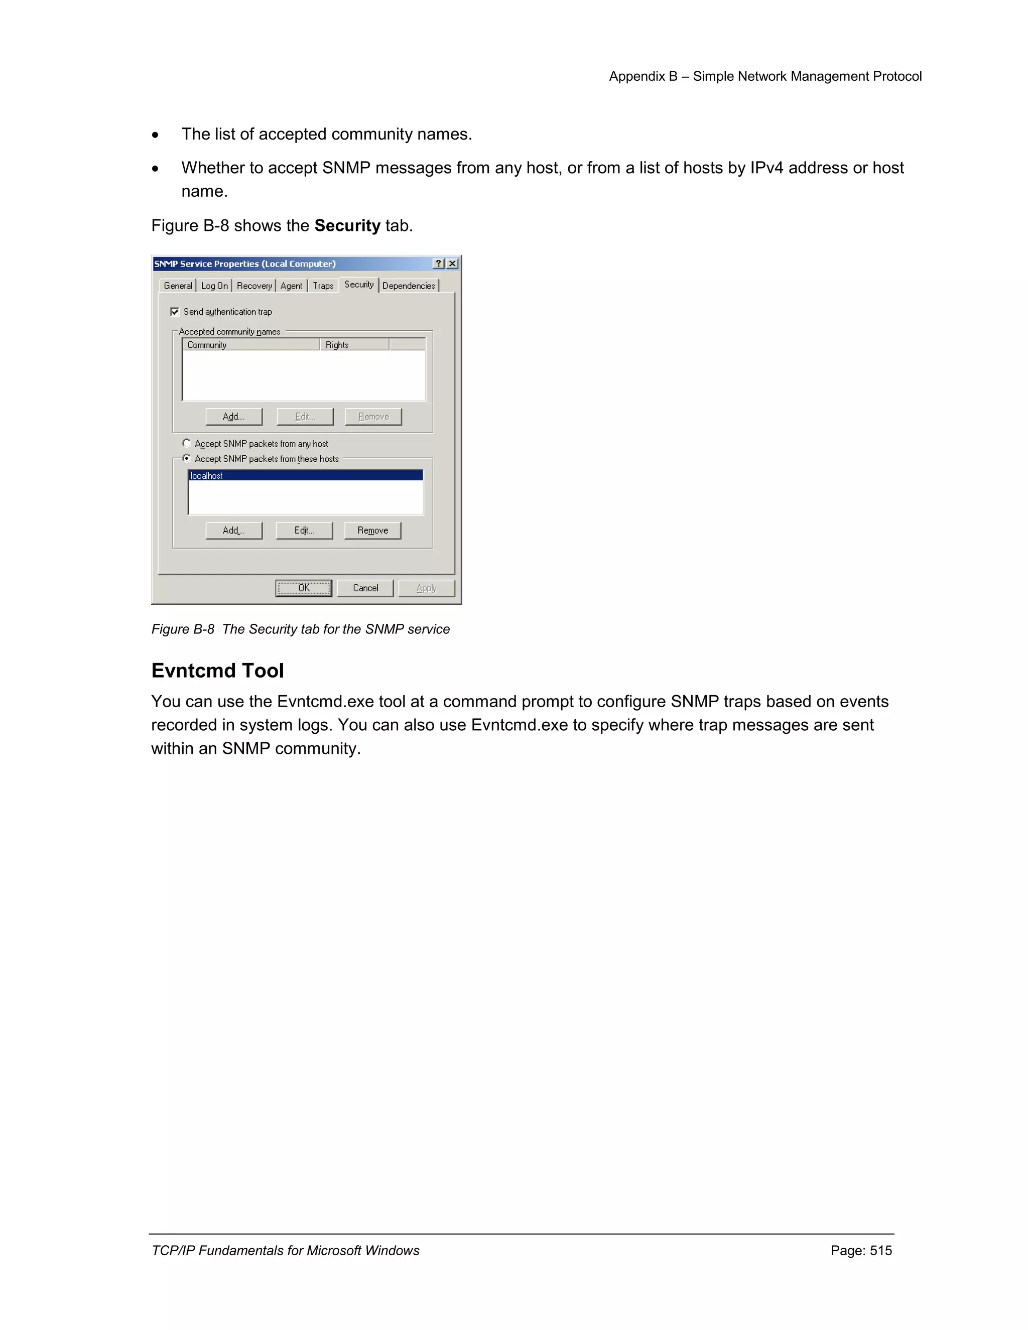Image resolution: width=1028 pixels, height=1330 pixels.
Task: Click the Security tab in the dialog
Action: pos(359,285)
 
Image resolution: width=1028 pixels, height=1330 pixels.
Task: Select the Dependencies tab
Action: pos(408,286)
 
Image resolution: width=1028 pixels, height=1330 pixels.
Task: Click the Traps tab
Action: pos(323,286)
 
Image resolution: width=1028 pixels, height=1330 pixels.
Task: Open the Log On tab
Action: pos(214,286)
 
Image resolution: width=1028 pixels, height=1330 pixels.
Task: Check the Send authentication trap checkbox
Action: pos(175,312)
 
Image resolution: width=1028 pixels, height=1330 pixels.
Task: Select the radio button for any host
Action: pos(186,443)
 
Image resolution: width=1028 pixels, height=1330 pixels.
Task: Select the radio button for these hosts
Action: pos(186,459)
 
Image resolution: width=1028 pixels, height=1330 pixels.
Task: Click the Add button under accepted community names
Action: pos(233,417)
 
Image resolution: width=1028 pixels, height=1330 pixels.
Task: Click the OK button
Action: pos(303,588)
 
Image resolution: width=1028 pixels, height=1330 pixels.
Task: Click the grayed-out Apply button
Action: pos(426,588)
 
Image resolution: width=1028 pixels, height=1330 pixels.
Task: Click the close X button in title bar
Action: pos(452,263)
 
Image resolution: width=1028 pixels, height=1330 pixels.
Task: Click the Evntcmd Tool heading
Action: pos(217,671)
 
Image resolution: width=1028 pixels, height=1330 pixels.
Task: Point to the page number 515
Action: pos(880,1250)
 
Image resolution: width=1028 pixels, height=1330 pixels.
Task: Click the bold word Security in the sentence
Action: pos(347,225)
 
